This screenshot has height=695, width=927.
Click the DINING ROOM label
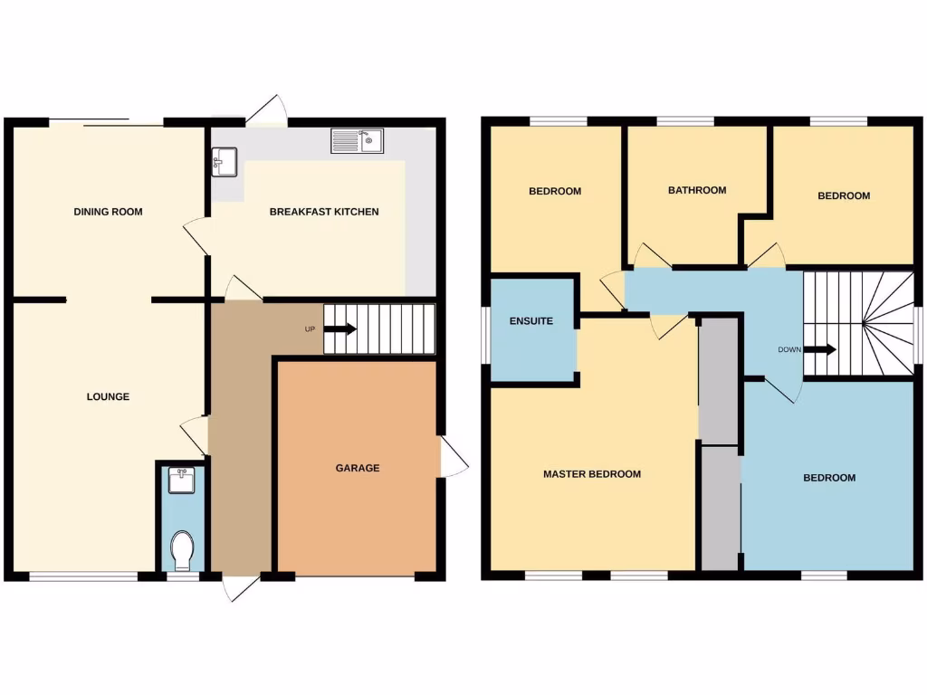pos(108,212)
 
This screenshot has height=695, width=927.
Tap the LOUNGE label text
pos(108,396)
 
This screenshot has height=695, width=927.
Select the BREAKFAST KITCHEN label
pos(324,212)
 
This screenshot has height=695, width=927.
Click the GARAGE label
pos(358,468)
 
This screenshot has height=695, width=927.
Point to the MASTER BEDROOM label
pos(592,474)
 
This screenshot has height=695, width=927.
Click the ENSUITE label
pos(531,321)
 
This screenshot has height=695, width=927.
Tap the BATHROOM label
pos(697,190)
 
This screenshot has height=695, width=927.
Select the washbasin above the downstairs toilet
pos(183,479)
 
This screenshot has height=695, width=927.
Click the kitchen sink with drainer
pos(358,141)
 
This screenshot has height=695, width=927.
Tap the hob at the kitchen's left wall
pos(224,161)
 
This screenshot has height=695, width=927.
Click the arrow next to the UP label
pos(339,329)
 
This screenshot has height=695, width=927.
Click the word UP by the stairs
pos(310,329)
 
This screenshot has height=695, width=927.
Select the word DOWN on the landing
pos(788,349)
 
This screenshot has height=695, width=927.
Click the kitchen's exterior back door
pos(267,111)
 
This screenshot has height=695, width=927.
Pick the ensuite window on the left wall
pos(485,334)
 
